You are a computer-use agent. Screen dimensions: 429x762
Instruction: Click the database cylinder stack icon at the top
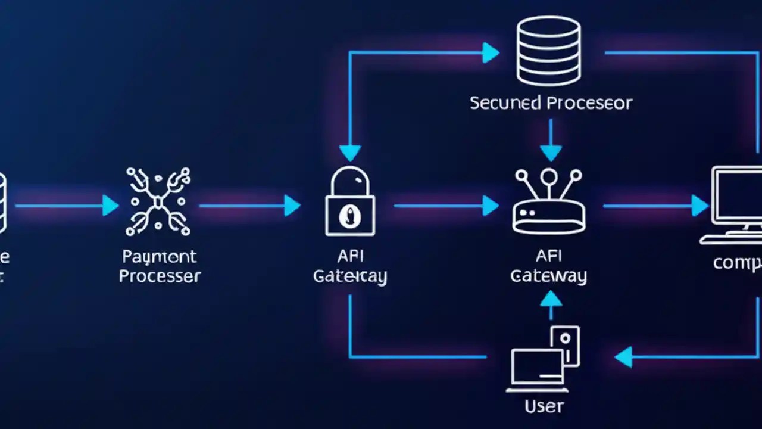[548, 51]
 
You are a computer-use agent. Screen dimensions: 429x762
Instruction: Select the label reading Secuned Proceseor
[551, 102]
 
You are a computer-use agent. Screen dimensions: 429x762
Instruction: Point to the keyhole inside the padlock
[349, 216]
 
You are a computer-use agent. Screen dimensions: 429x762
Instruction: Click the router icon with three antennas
[548, 203]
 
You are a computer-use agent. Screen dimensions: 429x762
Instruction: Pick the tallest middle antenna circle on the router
[549, 175]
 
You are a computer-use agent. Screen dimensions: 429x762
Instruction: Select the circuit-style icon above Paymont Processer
[158, 201]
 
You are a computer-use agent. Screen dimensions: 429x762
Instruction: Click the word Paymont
[159, 257]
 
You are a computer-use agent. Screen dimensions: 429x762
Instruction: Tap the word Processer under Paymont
[160, 276]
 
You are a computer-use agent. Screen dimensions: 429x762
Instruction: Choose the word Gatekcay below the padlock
[350, 276]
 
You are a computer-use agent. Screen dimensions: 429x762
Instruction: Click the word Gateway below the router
[548, 276]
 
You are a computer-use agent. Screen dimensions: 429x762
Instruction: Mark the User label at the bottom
[544, 406]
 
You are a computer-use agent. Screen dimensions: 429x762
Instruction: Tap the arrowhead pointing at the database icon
[491, 52]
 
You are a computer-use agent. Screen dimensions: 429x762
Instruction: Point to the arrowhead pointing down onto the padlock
[350, 153]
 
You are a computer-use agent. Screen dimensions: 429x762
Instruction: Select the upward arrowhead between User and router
[550, 299]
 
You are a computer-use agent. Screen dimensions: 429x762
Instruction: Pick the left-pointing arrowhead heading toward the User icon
[623, 357]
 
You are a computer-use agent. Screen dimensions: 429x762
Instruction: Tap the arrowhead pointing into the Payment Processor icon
[110, 206]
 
